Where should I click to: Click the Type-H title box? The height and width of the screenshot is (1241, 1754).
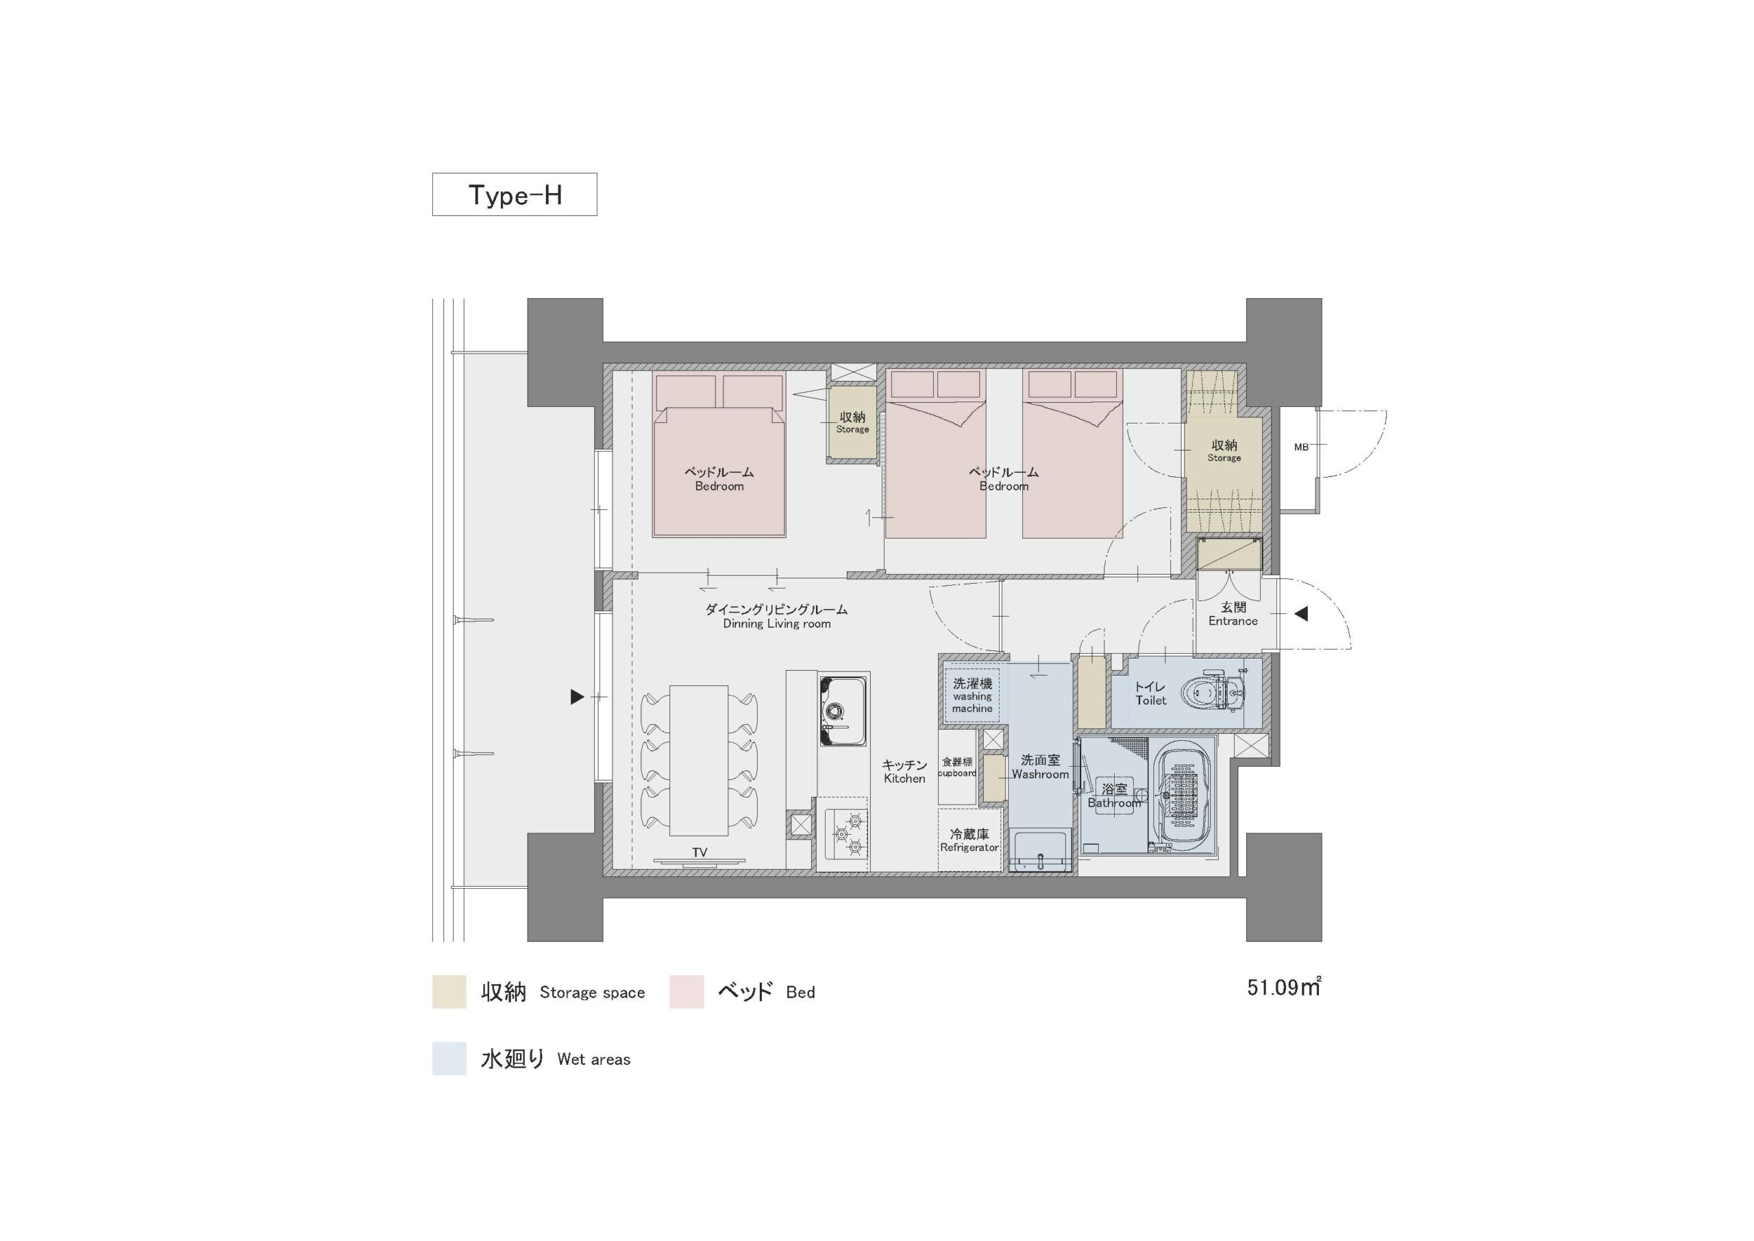(x=514, y=194)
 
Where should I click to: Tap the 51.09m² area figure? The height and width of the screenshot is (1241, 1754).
(x=1283, y=987)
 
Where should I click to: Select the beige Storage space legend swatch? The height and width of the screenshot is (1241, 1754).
(x=449, y=992)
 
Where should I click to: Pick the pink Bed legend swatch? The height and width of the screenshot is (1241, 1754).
(x=686, y=992)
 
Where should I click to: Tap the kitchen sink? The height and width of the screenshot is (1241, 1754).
(x=843, y=711)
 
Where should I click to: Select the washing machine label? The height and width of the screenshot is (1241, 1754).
(x=972, y=696)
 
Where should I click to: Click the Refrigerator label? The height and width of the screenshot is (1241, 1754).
(x=969, y=841)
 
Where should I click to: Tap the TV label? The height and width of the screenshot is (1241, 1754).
(x=699, y=852)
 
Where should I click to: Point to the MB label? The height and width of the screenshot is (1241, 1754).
(x=1301, y=447)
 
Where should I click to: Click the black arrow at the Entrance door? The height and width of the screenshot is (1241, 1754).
(x=1300, y=613)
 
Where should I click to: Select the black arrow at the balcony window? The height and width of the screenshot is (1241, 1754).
(x=578, y=697)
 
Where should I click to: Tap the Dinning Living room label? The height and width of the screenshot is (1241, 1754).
(x=776, y=617)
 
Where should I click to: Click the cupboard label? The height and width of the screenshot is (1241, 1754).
(x=957, y=767)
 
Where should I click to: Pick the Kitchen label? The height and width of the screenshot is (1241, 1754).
(x=904, y=772)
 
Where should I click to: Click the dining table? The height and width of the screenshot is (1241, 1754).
(x=699, y=761)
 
